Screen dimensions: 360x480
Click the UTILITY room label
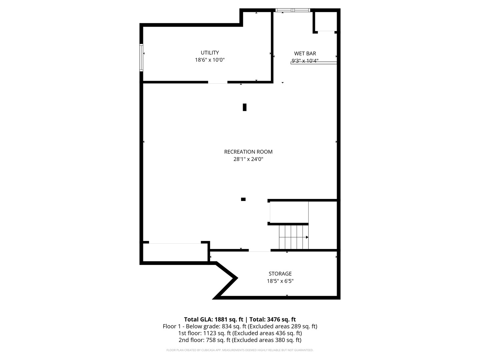(210, 53)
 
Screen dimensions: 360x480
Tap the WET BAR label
(305, 53)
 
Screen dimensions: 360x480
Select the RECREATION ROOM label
(248, 152)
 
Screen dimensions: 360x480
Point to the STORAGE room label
(280, 274)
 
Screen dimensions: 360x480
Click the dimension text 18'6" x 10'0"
(210, 60)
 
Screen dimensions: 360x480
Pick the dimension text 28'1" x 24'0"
(248, 159)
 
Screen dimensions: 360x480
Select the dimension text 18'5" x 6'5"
(280, 281)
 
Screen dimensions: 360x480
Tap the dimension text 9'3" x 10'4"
(305, 61)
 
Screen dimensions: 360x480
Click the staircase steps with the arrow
(293, 237)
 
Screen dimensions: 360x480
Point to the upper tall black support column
(245, 107)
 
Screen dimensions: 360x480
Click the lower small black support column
(243, 199)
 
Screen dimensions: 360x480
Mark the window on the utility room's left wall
(141, 57)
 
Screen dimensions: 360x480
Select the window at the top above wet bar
(293, 10)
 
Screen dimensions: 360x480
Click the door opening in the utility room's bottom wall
(218, 82)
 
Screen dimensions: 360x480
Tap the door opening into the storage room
(259, 250)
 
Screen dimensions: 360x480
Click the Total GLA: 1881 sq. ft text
(213, 319)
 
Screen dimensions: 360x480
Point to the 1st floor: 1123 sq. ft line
(240, 333)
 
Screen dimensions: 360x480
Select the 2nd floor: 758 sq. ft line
(240, 340)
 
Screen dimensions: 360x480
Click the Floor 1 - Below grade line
(240, 326)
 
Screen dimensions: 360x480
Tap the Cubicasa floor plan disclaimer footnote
(240, 350)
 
